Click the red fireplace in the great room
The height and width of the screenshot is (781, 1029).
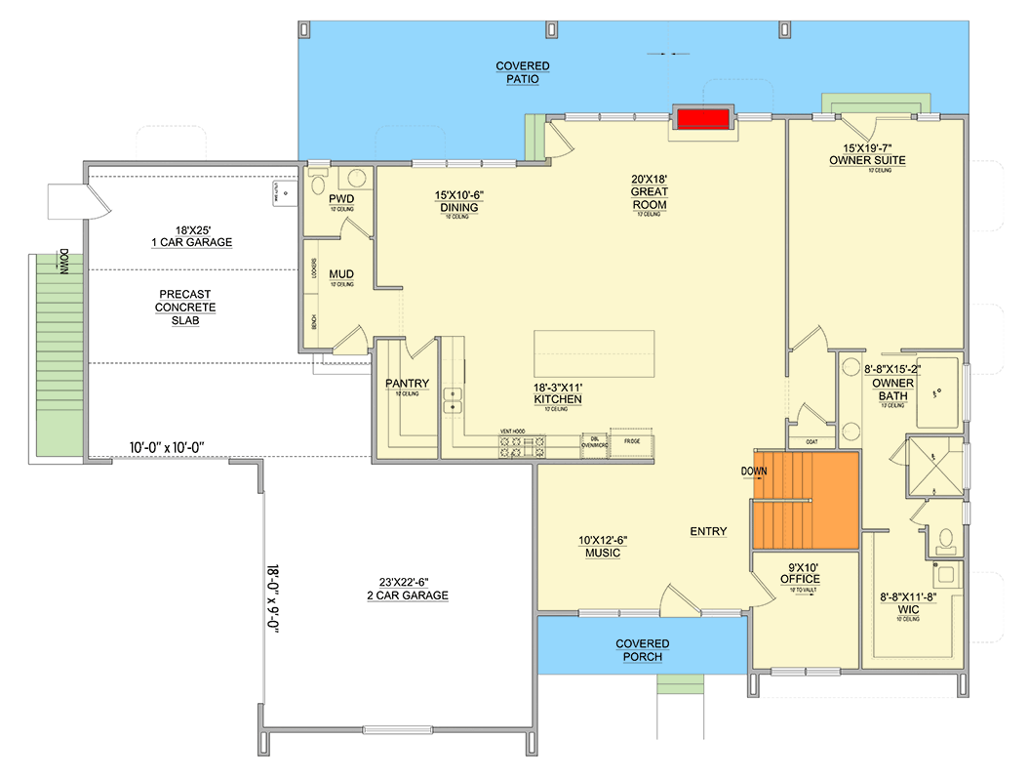pos(704,118)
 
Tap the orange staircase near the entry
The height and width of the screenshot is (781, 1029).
pos(805,500)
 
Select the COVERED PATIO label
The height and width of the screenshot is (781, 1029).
pos(522,72)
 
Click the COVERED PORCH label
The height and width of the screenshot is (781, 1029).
pos(642,650)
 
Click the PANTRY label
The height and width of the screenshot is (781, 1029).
pos(408,384)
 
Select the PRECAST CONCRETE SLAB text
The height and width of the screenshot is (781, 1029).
pos(185,308)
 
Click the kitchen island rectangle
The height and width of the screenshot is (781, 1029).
pos(594,351)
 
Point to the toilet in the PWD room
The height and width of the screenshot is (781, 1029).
pos(319,184)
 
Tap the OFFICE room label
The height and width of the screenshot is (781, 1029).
pos(800,573)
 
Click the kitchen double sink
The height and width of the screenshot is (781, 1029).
pos(453,399)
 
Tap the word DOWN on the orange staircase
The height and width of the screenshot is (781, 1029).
pos(754,471)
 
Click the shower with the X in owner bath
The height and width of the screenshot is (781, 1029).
pos(933,465)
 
